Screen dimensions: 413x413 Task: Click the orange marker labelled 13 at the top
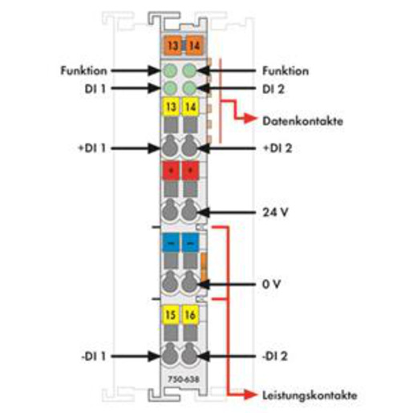point(172,46)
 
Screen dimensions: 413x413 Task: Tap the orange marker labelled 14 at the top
point(194,46)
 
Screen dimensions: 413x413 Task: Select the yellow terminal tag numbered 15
point(171,314)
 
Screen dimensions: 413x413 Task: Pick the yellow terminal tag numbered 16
point(190,314)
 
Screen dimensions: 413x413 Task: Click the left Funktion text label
point(84,71)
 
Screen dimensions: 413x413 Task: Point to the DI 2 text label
point(273,89)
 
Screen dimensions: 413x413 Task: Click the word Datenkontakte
point(302,121)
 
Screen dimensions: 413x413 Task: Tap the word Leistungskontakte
point(310,395)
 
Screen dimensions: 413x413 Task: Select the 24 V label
point(275,213)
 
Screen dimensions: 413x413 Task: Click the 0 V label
point(271,284)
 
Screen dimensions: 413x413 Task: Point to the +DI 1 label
point(91,148)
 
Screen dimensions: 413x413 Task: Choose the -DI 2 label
point(274,356)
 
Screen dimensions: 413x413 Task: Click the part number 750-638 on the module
point(184,379)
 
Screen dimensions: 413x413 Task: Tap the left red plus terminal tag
point(171,170)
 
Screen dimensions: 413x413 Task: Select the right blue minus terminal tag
point(190,242)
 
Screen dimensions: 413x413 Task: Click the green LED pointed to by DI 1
point(170,88)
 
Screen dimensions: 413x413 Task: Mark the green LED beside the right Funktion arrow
point(189,71)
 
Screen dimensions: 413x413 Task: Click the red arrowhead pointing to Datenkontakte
point(251,118)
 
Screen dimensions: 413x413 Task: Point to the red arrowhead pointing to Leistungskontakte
point(251,395)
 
